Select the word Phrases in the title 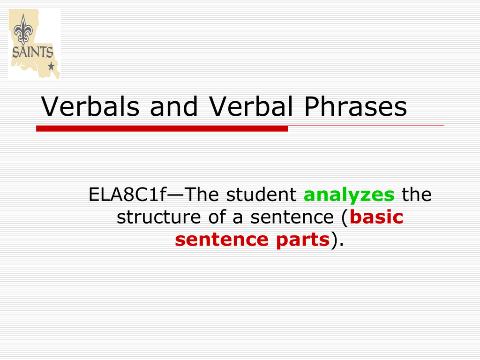coord(356,107)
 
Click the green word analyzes coord(350,195)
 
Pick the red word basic coord(376,217)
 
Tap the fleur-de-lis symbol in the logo coord(22,30)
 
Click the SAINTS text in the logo coord(32,52)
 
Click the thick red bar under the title coord(162,128)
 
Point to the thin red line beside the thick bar coord(366,126)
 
